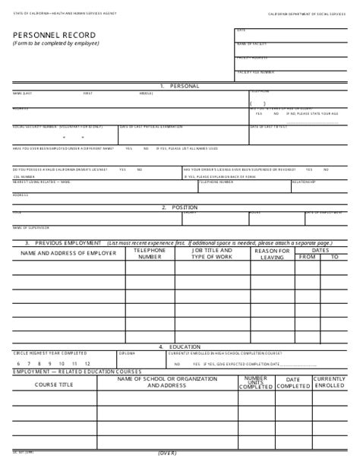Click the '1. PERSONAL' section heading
179,86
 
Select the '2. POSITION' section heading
179,207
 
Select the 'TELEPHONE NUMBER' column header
150,253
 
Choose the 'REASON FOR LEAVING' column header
272,253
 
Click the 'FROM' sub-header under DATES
307,257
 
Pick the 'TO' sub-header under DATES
334,257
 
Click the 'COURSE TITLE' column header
55,385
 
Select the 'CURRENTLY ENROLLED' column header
330,382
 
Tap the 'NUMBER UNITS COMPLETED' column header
255,382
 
